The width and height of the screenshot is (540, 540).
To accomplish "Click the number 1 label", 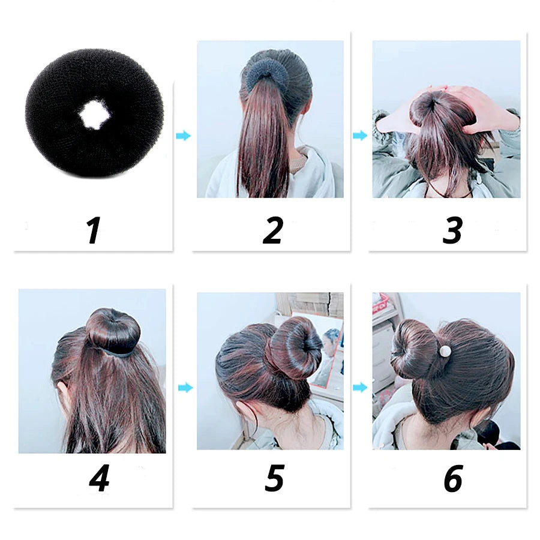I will [93, 231].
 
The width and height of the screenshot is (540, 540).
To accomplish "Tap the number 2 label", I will [273, 231].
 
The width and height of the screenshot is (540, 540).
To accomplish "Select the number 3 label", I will [452, 231].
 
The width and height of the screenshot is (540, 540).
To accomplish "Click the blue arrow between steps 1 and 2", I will [183, 136].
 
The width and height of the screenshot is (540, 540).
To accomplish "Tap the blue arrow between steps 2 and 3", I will [359, 136].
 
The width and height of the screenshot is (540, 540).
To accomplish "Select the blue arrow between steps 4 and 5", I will [185, 388].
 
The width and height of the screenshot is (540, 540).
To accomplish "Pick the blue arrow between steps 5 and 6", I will [360, 388].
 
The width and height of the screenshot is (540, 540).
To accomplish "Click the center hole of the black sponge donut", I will [94, 114].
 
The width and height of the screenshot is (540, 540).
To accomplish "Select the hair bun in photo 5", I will [296, 348].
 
